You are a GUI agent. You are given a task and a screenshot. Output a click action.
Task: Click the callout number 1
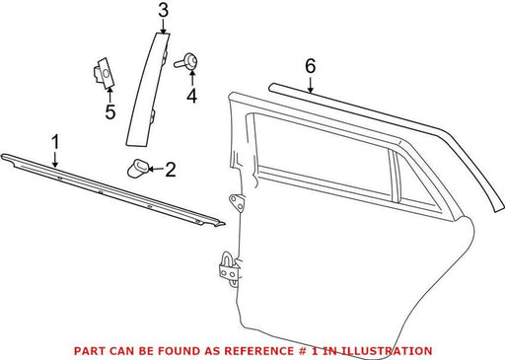click(55, 142)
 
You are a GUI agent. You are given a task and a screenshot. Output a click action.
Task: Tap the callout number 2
click(171, 170)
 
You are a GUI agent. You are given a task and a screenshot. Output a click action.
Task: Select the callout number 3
click(164, 10)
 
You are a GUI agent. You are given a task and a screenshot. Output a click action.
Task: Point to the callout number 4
click(192, 96)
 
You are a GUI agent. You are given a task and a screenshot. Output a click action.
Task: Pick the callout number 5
click(110, 112)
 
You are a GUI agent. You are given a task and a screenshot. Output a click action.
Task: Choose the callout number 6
click(311, 66)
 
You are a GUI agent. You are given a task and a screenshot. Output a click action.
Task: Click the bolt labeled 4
click(186, 61)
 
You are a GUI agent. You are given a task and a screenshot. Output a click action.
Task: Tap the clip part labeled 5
click(103, 73)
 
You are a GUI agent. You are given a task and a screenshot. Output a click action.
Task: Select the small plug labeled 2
click(137, 168)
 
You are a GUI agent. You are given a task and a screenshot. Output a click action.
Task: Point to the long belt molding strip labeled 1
click(111, 189)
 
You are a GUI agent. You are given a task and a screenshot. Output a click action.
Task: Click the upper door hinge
click(237, 203)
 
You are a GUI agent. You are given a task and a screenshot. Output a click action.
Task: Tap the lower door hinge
click(230, 269)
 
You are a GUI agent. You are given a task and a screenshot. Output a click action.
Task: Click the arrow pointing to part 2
click(156, 170)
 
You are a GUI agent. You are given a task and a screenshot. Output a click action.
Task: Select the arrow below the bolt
click(192, 78)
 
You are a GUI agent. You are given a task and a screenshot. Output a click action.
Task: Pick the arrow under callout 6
click(311, 85)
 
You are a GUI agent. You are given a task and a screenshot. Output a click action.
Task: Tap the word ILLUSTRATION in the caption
click(387, 351)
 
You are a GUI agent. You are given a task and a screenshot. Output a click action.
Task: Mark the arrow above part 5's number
click(110, 96)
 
